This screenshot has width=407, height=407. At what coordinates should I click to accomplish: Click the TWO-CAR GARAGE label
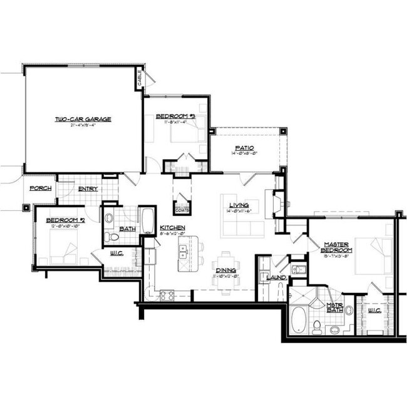(x=83, y=119)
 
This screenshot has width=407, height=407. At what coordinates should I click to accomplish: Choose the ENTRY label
(x=87, y=188)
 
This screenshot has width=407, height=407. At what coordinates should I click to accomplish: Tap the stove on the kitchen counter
(x=167, y=294)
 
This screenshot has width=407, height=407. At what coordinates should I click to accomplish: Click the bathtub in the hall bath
(x=148, y=220)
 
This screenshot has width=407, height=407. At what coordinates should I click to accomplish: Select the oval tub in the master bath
(x=299, y=321)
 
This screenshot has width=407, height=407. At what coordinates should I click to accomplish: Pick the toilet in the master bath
(x=317, y=326)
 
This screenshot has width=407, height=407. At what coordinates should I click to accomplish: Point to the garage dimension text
(x=83, y=125)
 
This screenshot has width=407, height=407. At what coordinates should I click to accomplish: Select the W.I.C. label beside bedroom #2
(x=116, y=254)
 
